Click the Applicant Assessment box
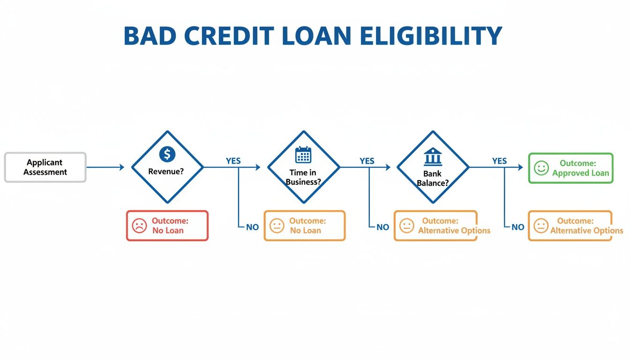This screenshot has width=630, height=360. pyautogui.click(x=45, y=167)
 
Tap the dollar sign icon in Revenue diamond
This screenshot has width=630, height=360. pyautogui.click(x=167, y=154)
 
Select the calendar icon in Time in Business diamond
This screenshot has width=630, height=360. pyautogui.click(x=303, y=155)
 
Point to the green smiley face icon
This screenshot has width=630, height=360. pyautogui.click(x=541, y=168)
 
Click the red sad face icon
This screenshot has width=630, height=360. pyautogui.click(x=139, y=226)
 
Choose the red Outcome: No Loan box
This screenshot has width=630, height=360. pyautogui.click(x=167, y=226)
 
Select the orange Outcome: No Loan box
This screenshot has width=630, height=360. pyautogui.click(x=305, y=226)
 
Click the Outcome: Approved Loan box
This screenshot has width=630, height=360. pyautogui.click(x=570, y=168)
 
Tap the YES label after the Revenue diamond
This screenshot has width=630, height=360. pyautogui.click(x=233, y=161)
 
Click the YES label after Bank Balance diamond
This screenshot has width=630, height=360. pyautogui.click(x=499, y=161)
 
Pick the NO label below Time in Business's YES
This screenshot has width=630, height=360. pyautogui.click(x=382, y=227)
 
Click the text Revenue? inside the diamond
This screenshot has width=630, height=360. pyautogui.click(x=166, y=172)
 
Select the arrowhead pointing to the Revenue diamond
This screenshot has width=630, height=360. pyautogui.click(x=122, y=167)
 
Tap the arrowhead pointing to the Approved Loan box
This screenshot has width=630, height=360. pyautogui.click(x=520, y=167)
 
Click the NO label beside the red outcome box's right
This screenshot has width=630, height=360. pyautogui.click(x=252, y=227)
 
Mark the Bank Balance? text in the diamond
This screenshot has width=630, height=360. pyautogui.click(x=433, y=179)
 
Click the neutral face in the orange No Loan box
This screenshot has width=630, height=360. pyautogui.click(x=277, y=226)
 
